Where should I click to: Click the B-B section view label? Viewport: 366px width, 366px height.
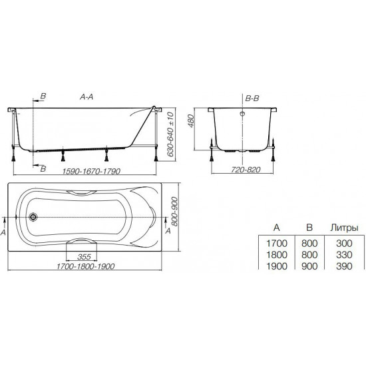tap(252, 97)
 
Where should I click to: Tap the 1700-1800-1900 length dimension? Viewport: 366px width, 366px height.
tap(88, 268)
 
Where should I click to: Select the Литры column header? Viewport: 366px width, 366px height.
tap(344, 228)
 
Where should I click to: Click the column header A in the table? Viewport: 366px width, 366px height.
tap(275, 228)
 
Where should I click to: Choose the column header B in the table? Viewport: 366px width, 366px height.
tap(309, 228)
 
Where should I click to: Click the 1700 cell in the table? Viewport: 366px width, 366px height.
tap(275, 244)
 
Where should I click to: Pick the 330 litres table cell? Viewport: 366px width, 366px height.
tap(344, 254)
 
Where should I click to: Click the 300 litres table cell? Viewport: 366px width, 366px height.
tap(344, 244)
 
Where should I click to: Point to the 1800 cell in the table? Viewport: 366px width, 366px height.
tap(275, 254)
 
